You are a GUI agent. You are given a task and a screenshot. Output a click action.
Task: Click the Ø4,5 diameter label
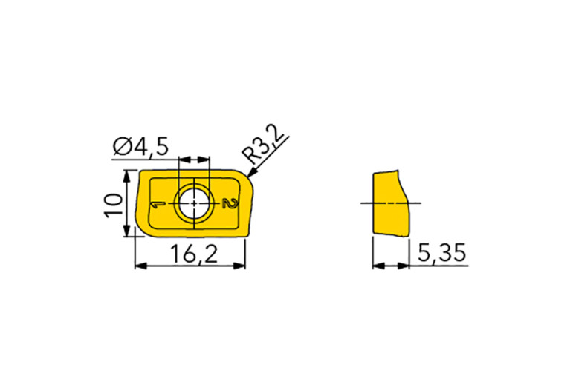click(140, 148)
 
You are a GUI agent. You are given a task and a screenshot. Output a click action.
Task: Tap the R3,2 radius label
click(264, 145)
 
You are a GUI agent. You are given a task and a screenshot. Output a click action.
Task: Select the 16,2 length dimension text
click(194, 254)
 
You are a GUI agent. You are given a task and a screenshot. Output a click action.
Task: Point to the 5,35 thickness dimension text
click(441, 253)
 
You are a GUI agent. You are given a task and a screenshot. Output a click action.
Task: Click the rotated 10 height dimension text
click(114, 205)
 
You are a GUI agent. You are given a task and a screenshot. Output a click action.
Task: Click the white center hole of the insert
click(194, 203)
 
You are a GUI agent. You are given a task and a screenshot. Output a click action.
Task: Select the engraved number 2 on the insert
click(230, 203)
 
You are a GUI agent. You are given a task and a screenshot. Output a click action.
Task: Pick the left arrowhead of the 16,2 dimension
click(140, 266)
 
